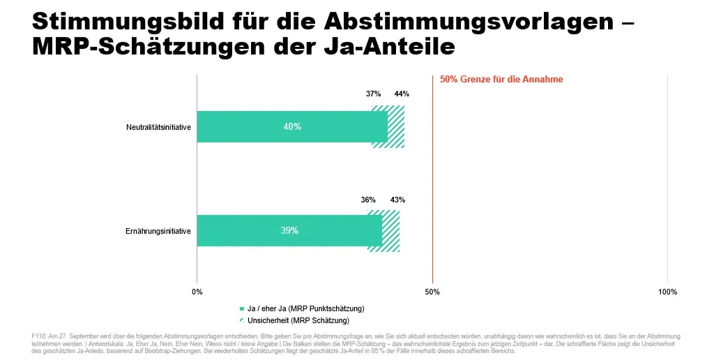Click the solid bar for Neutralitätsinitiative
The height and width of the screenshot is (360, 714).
tap(292, 127)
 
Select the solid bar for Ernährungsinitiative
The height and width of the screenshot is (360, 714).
tap(289, 231)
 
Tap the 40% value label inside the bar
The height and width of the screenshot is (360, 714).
tap(292, 127)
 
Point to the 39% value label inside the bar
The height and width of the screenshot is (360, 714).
tap(289, 231)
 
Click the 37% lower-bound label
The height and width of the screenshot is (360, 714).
tap(374, 94)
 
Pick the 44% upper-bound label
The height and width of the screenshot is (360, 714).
tap(402, 94)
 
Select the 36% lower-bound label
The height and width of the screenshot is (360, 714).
tap(368, 200)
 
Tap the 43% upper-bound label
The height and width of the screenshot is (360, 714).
tap(397, 200)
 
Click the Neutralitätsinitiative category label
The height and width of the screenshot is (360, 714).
tap(158, 127)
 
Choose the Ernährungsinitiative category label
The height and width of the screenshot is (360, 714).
tap(158, 231)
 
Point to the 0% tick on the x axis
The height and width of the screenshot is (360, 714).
tap(197, 292)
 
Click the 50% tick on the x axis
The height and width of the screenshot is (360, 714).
tap(432, 292)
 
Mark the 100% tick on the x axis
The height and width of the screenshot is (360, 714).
tap(667, 292)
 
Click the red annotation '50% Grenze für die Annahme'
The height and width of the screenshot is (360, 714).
tap(501, 80)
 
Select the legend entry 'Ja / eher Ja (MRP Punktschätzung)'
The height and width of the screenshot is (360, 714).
tap(302, 308)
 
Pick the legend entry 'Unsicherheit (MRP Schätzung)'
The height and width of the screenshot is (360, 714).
tap(295, 320)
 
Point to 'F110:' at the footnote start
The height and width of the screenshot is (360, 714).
tap(39, 336)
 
